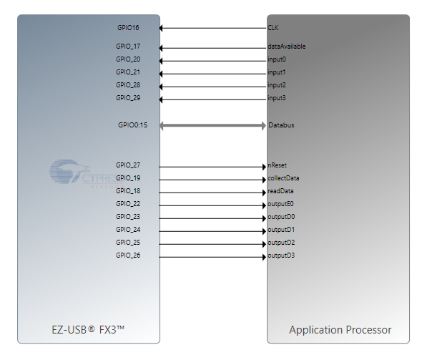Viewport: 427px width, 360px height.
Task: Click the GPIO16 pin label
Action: point(128,28)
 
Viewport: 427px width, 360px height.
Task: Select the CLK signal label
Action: point(273,28)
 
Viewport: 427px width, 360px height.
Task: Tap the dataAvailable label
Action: point(287,47)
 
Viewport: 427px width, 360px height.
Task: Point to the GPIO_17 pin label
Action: point(128,47)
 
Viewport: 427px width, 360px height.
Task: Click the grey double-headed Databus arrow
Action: point(212,126)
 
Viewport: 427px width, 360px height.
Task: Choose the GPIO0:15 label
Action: point(132,125)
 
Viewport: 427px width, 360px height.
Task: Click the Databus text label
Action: point(281,125)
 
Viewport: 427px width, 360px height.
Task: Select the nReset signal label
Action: point(278,165)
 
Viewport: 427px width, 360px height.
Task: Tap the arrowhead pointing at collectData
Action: point(264,180)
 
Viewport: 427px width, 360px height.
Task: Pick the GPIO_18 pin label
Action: point(128,191)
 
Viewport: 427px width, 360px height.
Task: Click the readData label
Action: point(280,191)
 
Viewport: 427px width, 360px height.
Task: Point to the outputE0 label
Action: point(280,204)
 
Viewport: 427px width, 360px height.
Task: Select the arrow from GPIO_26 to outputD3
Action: point(212,257)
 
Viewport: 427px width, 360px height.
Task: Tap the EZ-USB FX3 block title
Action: point(88,330)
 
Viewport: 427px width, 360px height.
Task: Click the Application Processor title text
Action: point(340,330)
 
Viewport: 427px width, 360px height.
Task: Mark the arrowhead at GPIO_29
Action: point(161,99)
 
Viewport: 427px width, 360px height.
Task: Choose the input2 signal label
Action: point(277,85)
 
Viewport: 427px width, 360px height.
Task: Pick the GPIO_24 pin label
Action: point(128,230)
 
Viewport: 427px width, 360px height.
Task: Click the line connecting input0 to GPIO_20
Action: point(212,61)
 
